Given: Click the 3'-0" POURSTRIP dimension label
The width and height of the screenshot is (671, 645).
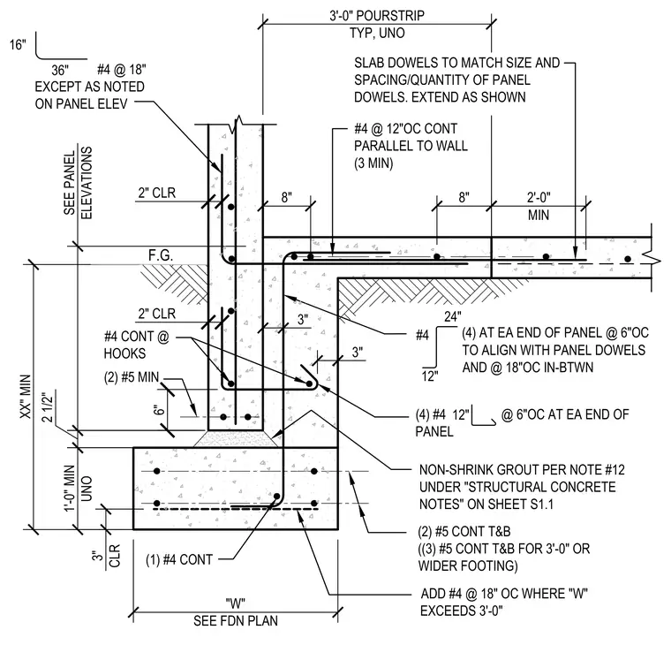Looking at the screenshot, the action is coord(377,16).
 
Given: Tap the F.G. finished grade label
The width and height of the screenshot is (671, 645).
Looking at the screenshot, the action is coord(161,255).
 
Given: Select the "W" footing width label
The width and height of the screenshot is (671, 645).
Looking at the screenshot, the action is coord(236,603).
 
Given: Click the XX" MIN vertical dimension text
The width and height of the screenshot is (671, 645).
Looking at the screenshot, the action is coord(26,398).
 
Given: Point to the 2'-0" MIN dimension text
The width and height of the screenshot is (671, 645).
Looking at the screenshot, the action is coord(539,206).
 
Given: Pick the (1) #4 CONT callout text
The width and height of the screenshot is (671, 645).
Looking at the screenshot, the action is coord(179,559).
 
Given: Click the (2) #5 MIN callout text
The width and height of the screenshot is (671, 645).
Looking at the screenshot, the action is coord(132,377).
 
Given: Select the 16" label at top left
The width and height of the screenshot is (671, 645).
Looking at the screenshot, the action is coord(18,44).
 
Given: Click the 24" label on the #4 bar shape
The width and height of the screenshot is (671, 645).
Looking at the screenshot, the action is coord(453,316).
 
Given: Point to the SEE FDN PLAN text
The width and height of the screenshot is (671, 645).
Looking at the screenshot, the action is coord(236,620).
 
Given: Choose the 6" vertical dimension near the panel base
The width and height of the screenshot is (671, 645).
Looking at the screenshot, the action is coord(159,410).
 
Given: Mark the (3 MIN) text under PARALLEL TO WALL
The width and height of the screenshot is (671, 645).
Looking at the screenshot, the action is coord(373,163).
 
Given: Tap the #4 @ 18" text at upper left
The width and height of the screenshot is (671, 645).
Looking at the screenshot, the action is coord(122,70).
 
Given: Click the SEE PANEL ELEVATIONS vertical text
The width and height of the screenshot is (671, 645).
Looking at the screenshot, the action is coord(78,183).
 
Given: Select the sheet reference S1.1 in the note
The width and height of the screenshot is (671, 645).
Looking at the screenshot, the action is coord(542,505).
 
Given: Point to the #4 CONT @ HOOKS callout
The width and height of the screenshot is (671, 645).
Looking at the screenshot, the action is coord(137,345).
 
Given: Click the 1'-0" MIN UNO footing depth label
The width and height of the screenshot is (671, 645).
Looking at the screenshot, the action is coord(78,489).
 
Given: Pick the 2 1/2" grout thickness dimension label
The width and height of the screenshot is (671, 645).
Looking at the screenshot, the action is coord(48,407).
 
